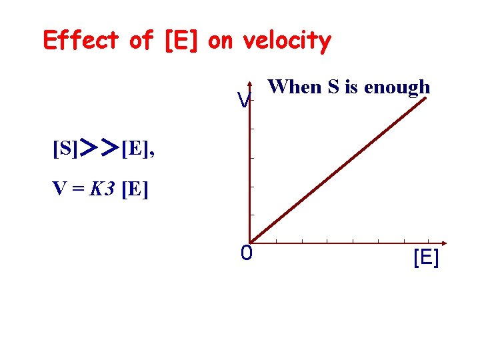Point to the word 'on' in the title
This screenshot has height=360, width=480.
tap(221, 41)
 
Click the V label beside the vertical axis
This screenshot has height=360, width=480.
tap(244, 101)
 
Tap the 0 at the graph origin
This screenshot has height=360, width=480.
tap(247, 253)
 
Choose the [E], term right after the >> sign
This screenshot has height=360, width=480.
tap(138, 148)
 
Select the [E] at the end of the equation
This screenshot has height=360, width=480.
tap(135, 190)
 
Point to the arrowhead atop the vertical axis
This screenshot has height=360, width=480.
tap(249, 85)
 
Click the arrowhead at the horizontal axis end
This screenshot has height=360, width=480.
tap(443, 242)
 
